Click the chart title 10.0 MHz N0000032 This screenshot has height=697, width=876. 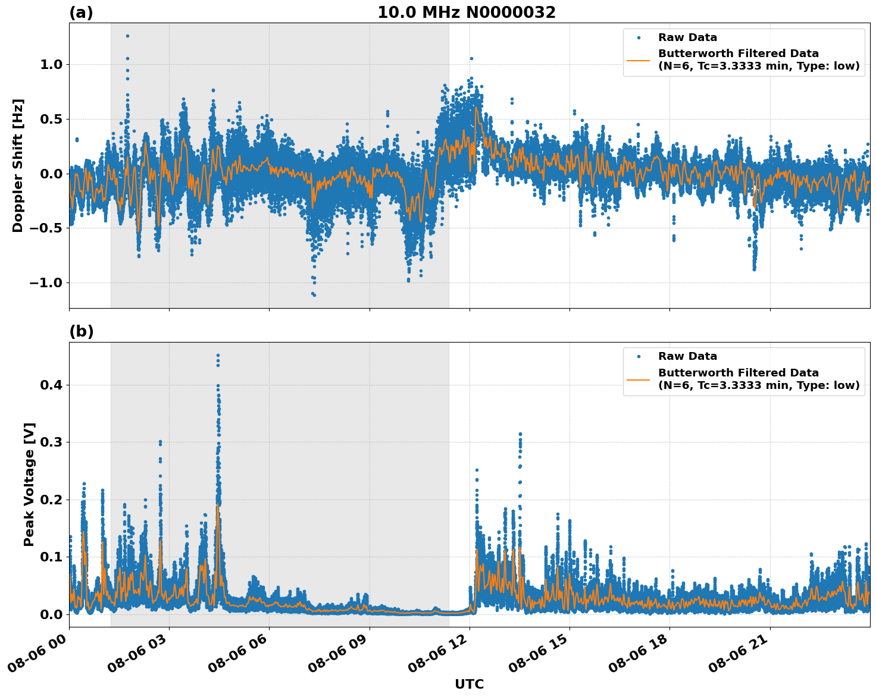click(x=466, y=12)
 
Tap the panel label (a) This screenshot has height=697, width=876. click(x=81, y=12)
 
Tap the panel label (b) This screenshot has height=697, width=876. click(x=81, y=331)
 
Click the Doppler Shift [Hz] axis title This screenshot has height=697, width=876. click(x=18, y=165)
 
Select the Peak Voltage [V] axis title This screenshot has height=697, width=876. click(x=29, y=484)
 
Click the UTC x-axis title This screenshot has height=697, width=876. click(x=469, y=684)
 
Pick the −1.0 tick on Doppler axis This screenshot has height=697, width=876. click(x=45, y=282)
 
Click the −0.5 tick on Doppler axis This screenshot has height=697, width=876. click(x=45, y=228)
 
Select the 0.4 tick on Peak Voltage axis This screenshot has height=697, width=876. click(x=51, y=385)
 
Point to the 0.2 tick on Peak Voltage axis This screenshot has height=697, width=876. click(x=51, y=500)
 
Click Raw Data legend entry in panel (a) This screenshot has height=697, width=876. click(x=687, y=37)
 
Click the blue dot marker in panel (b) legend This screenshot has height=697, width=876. click(x=639, y=357)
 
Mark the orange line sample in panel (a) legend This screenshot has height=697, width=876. click(x=639, y=60)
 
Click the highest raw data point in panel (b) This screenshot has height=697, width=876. click(x=218, y=355)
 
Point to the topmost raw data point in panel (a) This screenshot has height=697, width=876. click(x=127, y=36)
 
